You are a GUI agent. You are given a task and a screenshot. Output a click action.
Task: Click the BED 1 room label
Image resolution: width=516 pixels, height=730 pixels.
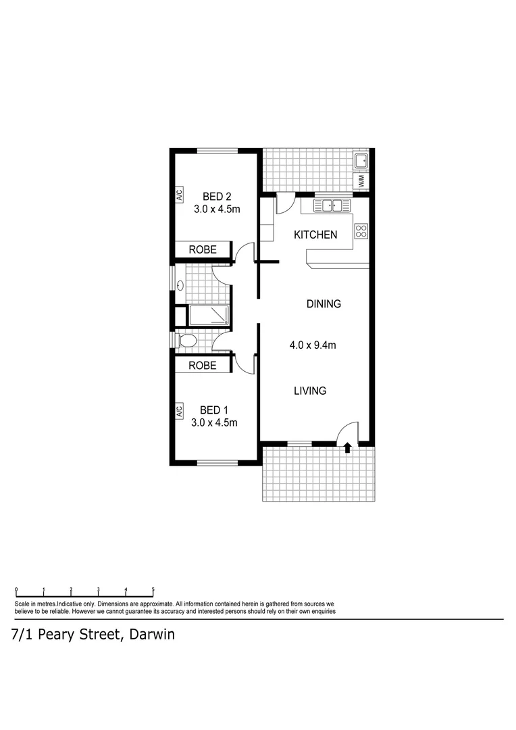tap(214, 410)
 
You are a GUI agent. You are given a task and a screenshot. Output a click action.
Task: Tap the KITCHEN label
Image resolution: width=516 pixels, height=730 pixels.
tap(315, 235)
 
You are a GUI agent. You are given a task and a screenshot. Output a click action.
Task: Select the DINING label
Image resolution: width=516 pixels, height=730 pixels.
tap(324, 303)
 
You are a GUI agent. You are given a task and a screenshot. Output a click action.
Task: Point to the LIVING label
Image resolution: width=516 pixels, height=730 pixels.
tap(310, 391)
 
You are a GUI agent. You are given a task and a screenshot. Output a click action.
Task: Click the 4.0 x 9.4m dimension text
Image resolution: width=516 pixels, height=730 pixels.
tap(313, 345)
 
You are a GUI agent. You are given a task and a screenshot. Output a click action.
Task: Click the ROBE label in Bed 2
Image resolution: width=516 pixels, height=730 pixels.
tap(203, 249)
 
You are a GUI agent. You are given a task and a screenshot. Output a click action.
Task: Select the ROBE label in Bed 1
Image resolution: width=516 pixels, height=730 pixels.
tap(203, 365)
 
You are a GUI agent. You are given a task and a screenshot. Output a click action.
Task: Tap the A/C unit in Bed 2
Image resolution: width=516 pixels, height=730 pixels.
tap(180, 195)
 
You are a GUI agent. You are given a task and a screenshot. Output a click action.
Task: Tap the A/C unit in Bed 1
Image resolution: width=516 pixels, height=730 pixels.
tap(180, 410)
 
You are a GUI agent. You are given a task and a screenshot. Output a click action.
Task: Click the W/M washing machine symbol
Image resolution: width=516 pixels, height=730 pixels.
tap(361, 181)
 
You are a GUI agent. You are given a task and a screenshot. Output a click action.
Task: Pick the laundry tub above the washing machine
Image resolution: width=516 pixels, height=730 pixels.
tap(361, 160)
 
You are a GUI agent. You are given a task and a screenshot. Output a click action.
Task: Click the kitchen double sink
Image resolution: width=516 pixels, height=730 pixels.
tap(331, 205)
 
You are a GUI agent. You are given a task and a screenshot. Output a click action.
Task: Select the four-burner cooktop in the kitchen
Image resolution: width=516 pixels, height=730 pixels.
tap(361, 232)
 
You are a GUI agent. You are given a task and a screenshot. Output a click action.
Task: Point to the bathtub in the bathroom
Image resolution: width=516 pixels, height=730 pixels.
tap(209, 315)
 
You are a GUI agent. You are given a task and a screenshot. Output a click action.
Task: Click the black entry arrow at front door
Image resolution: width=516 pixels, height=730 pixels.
tap(348, 447)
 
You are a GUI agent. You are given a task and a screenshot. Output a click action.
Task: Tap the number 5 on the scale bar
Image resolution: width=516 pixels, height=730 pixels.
tap(153, 589)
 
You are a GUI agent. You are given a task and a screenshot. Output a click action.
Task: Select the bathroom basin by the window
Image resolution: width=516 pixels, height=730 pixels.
tap(180, 285)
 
